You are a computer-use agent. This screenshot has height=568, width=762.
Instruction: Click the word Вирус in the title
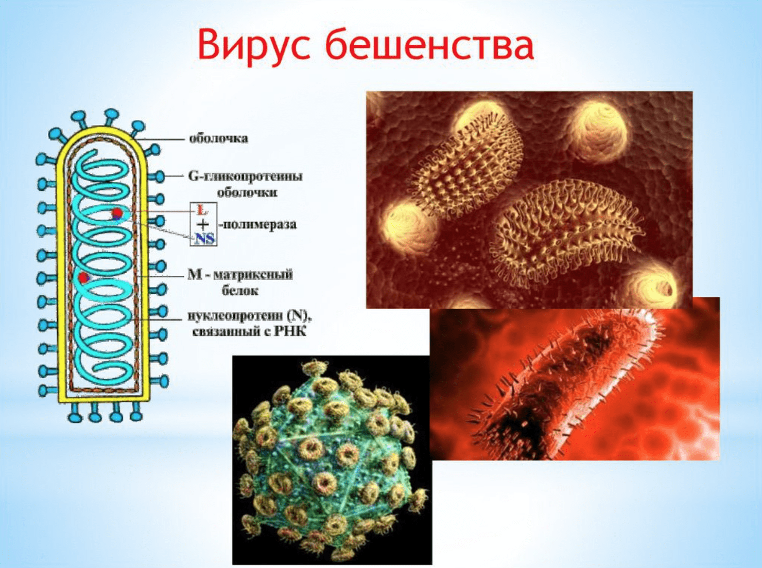[x=254, y=46]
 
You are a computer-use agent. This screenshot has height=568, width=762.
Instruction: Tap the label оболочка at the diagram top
[x=218, y=138]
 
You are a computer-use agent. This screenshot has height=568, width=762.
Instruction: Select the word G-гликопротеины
[x=245, y=176]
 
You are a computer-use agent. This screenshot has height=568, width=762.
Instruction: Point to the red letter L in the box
[x=200, y=209]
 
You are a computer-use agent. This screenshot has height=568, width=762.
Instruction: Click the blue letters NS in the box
[x=204, y=239]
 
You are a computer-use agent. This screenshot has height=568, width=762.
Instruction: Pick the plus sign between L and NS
[x=202, y=225]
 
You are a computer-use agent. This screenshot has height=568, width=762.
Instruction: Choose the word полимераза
[x=259, y=225]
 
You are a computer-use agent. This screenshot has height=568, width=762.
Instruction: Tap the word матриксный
[x=253, y=275]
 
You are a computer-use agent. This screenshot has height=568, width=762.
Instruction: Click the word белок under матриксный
[x=240, y=291]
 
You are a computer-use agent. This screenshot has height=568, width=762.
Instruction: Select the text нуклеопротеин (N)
[x=250, y=316]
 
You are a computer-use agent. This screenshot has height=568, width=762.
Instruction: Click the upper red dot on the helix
[x=117, y=213]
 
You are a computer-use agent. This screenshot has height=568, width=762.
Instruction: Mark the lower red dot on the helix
[x=83, y=277]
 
